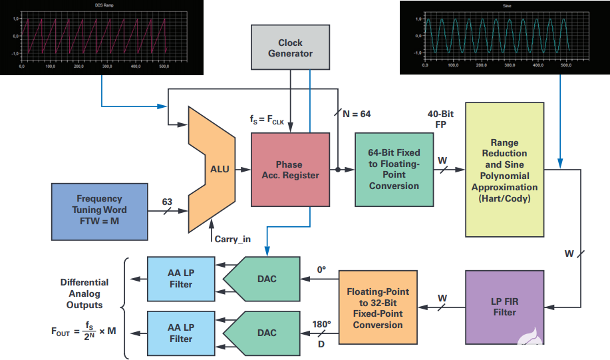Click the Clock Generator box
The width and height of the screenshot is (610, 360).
coord(290,47)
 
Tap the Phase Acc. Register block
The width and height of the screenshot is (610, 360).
coord(290,170)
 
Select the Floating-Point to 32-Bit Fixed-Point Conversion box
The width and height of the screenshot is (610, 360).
coord(378,308)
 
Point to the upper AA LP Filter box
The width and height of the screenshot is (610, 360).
coord(180,279)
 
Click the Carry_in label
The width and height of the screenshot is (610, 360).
coord(231,238)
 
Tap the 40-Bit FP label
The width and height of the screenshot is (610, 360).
coord(440,118)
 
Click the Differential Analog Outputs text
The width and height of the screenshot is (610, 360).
coord(84,293)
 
